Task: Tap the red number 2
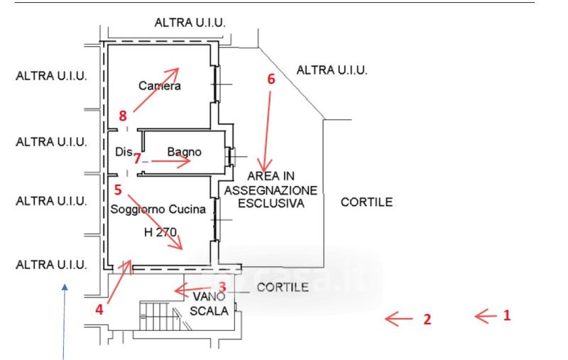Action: point(427,320)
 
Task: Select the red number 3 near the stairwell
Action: point(222,286)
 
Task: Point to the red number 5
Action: point(118,190)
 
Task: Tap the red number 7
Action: point(138,158)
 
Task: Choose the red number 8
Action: point(123,114)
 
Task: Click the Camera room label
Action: point(160,87)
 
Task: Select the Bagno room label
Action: point(185,152)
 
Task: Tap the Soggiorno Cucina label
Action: point(158,209)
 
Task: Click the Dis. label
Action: point(124,152)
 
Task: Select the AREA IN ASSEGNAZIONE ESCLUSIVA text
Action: point(271,190)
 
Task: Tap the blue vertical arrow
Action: point(65,320)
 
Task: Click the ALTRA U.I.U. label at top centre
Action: point(190,23)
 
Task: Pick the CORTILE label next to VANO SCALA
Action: point(282,288)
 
